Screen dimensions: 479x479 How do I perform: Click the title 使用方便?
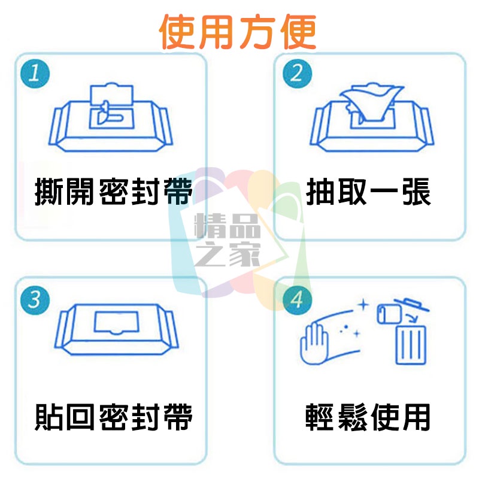238,31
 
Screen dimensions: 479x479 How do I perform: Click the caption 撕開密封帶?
114,193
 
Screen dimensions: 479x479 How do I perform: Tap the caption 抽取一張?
369,193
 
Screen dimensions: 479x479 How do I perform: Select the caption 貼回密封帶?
114,417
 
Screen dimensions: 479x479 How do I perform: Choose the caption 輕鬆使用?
369,417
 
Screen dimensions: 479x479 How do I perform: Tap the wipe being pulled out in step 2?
371,101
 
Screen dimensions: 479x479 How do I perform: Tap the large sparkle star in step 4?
362,305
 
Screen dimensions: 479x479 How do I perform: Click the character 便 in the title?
297,31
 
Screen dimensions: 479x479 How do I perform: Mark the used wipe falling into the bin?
387,314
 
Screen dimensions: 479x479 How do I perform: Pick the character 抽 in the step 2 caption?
321,193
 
